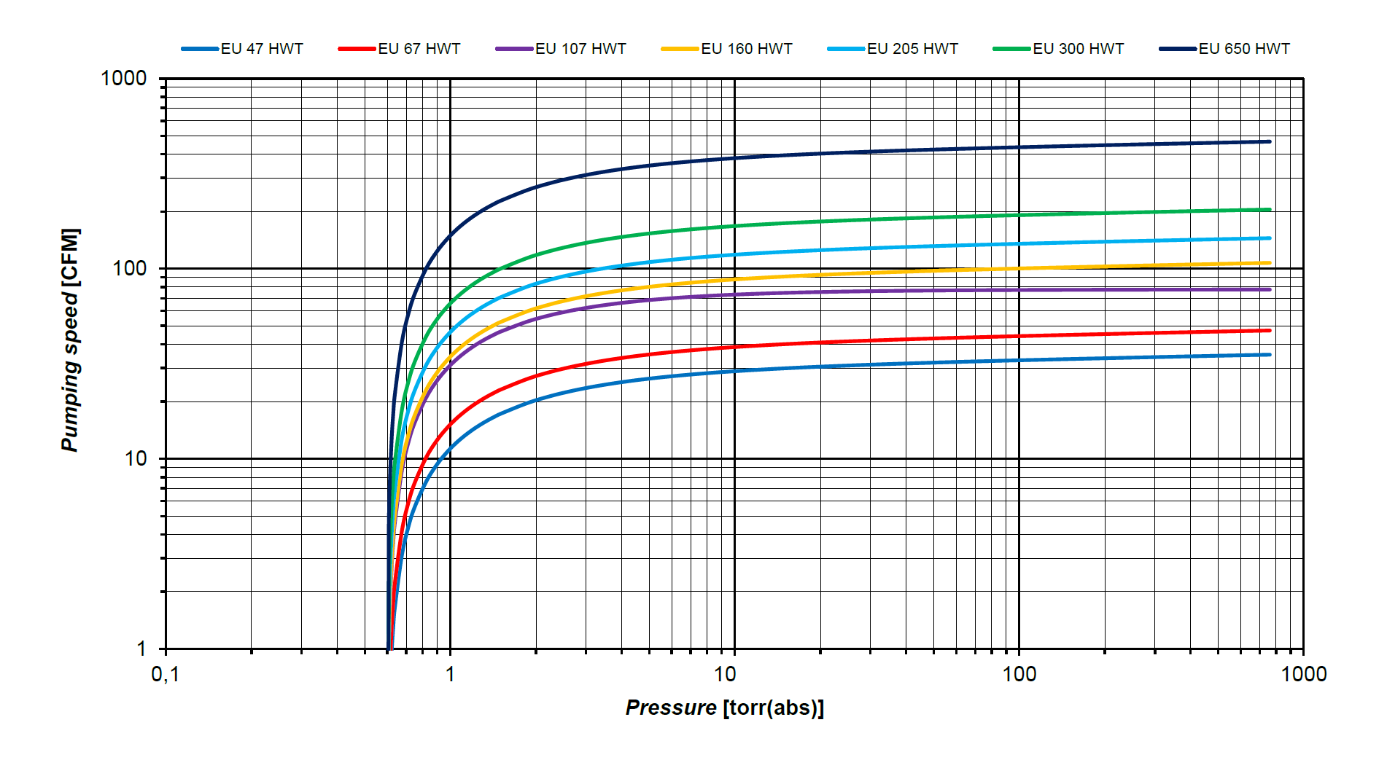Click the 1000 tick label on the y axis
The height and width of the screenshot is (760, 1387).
click(x=124, y=78)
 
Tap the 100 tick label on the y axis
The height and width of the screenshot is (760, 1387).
click(x=130, y=268)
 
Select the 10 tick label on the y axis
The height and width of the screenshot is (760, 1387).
click(x=136, y=458)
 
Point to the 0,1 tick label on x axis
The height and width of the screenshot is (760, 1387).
click(x=165, y=674)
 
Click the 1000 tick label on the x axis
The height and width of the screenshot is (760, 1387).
click(x=1303, y=674)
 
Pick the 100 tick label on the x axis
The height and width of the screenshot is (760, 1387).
click(x=1019, y=674)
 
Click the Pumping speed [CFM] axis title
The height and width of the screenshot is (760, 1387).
click(x=71, y=340)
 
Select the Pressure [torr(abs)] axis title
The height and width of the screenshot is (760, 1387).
click(x=724, y=708)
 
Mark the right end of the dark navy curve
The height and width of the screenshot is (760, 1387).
click(x=1270, y=141)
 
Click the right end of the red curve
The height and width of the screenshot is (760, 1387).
click(x=1270, y=330)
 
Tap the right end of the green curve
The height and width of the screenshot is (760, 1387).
click(x=1270, y=210)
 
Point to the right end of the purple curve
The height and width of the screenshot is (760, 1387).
click(x=1270, y=289)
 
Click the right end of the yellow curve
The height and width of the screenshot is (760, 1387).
click(x=1270, y=263)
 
